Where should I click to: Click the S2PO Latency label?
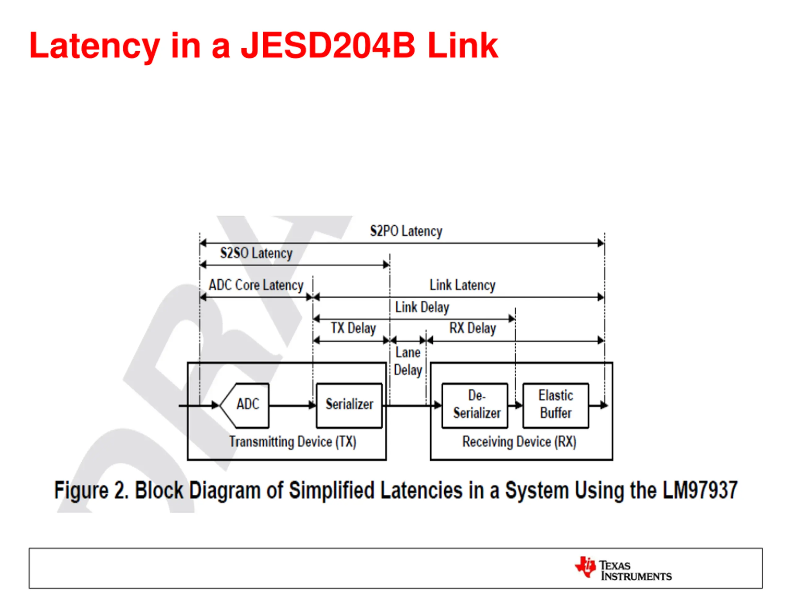point(406,231)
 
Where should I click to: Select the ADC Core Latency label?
point(256,285)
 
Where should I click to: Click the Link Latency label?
point(462,285)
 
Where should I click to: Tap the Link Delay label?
point(422,307)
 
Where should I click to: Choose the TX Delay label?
point(353,328)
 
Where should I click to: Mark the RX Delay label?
point(473,328)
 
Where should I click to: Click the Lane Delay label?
point(408,361)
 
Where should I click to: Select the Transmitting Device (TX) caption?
point(293,442)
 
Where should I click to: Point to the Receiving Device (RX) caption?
point(519,442)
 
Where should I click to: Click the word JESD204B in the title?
point(328,45)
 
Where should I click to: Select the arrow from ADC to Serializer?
point(292,406)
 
